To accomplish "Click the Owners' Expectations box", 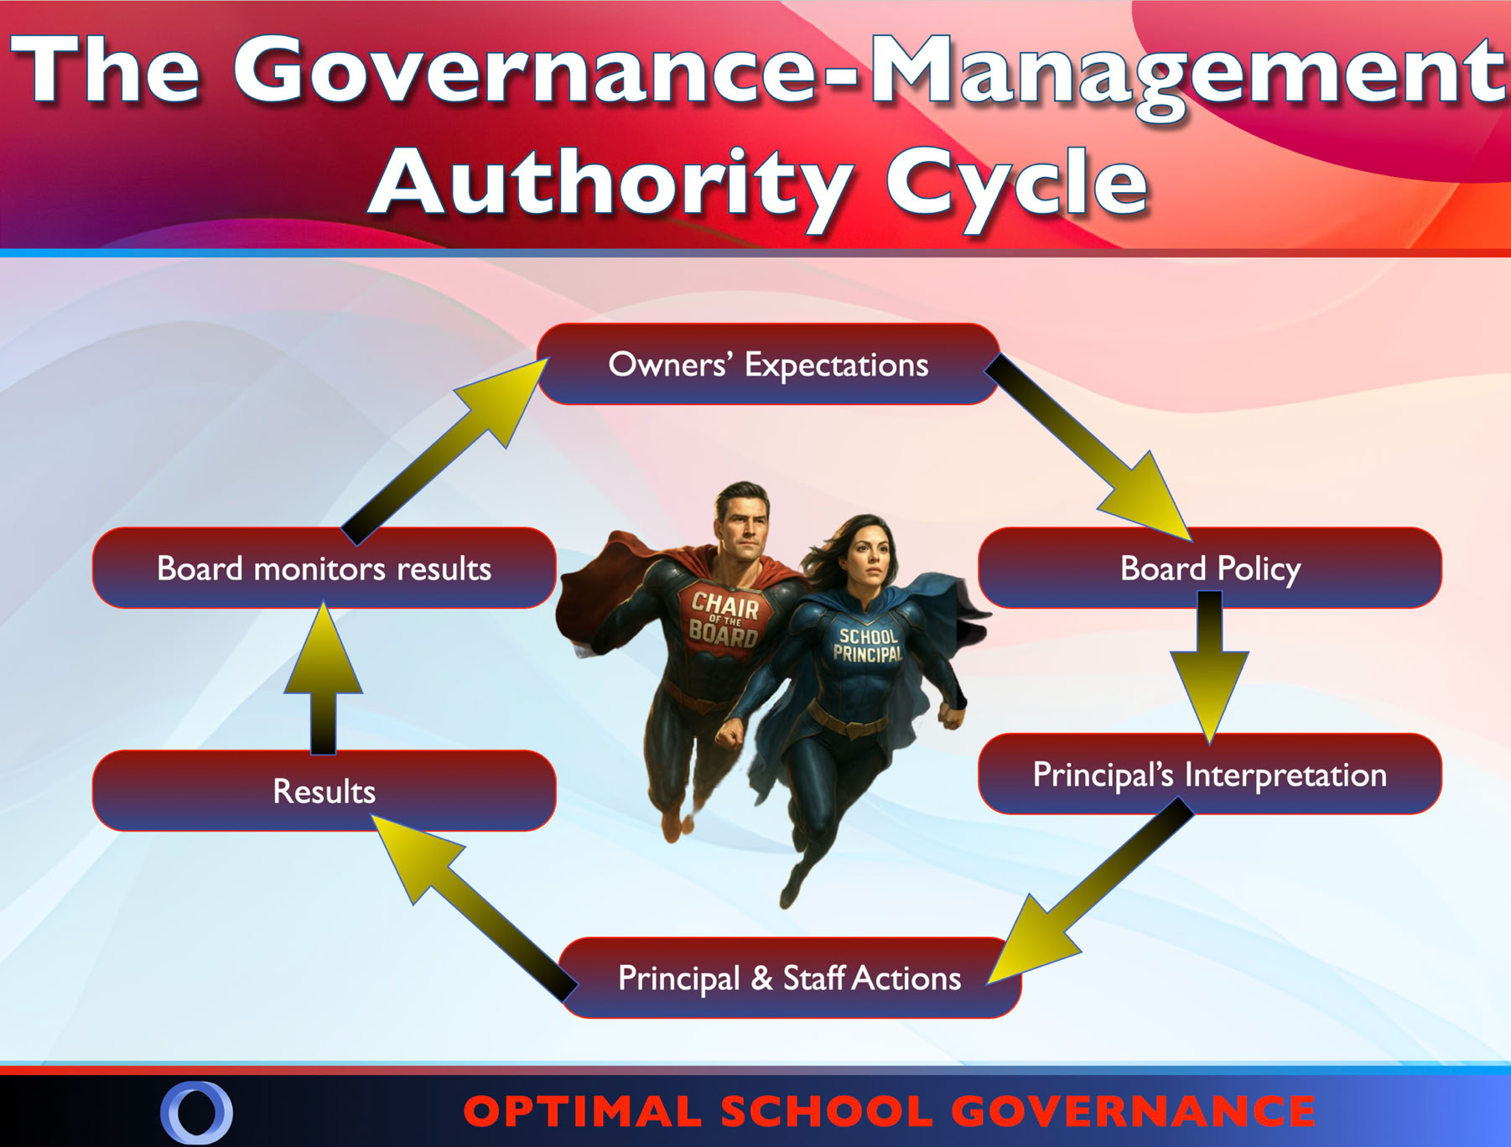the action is pos(768,365).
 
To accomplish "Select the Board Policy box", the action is pos(1210,568).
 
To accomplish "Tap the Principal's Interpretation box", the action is pos(1210,774).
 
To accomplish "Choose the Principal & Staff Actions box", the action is pos(790,978).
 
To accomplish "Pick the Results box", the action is pos(324,791).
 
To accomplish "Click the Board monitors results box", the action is pos(324,568).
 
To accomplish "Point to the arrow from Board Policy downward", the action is pos(1209,667).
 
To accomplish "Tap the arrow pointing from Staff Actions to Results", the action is pos(474,908).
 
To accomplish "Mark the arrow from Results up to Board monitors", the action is pos(323,677).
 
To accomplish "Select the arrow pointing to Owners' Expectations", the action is pos(444,452).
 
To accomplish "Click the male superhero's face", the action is pos(742,522).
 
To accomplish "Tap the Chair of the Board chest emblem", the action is pos(724,618).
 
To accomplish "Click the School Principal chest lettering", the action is pos(869,645).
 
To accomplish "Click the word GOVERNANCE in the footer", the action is pos(1134,1112).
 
